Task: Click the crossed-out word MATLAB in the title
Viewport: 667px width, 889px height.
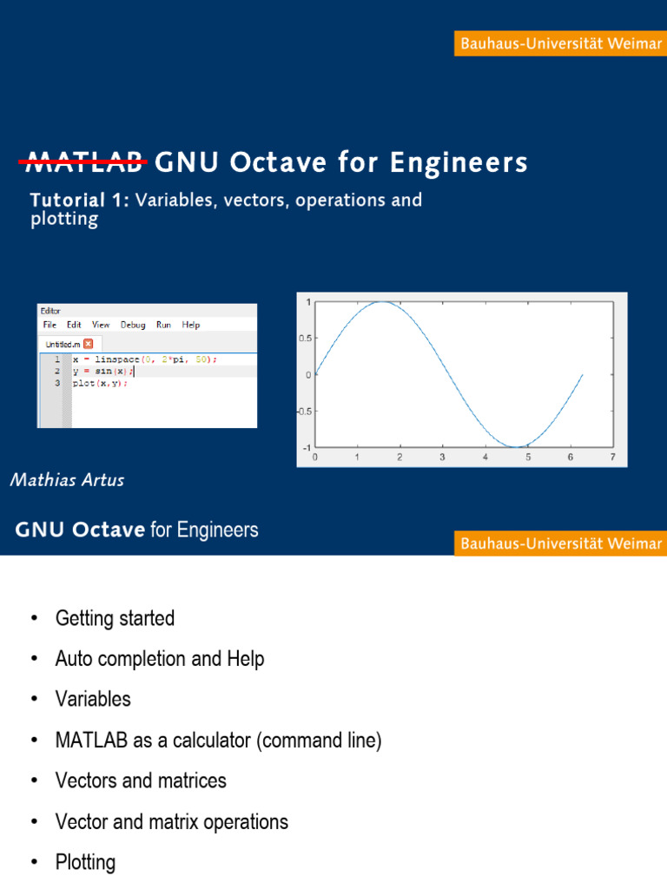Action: pyautogui.click(x=86, y=162)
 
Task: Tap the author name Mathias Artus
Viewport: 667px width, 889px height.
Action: pyautogui.click(x=67, y=480)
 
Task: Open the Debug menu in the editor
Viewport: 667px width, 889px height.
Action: pyautogui.click(x=133, y=325)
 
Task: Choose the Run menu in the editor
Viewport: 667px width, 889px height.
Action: pyautogui.click(x=163, y=325)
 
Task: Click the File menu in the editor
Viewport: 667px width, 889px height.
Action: pyautogui.click(x=50, y=325)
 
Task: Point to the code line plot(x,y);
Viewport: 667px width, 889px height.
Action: pyautogui.click(x=100, y=384)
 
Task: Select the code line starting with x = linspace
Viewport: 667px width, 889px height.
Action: pyautogui.click(x=144, y=359)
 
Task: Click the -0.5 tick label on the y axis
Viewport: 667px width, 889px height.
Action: pyautogui.click(x=304, y=412)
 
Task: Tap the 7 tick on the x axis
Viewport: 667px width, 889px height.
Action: pyautogui.click(x=613, y=457)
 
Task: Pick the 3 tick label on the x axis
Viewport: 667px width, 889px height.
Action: pyautogui.click(x=443, y=457)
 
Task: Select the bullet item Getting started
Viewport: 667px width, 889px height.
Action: pyautogui.click(x=115, y=619)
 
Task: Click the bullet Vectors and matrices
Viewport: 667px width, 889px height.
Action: pyautogui.click(x=141, y=781)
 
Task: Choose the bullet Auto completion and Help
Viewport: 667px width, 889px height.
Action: pyautogui.click(x=160, y=660)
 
